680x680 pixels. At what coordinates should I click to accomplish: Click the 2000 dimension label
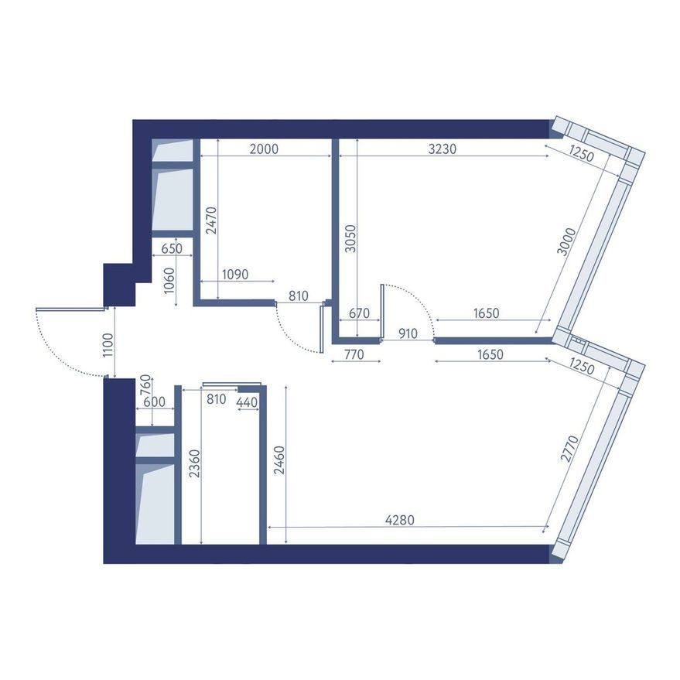coord(264,149)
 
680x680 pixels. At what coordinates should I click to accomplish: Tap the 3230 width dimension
coord(443,149)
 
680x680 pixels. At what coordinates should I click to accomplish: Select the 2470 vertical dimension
coord(212,220)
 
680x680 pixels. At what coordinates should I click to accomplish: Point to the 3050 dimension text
coord(350,238)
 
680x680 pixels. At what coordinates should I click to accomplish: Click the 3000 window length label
coord(566,242)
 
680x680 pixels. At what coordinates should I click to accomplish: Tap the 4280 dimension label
coord(400,520)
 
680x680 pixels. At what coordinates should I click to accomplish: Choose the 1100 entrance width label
coord(108,345)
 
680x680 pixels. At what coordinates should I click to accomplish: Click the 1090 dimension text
coord(235,275)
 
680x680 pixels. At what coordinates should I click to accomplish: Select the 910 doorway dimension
coord(408,333)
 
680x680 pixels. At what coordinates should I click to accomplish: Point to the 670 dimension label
coord(360,313)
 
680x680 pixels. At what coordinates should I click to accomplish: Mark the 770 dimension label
coord(354,355)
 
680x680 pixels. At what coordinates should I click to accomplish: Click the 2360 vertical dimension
coord(196,463)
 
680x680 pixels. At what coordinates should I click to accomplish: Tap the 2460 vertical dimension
coord(280,460)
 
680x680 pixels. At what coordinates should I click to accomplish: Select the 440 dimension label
coord(247,403)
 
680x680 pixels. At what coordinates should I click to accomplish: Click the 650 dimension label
coord(172,249)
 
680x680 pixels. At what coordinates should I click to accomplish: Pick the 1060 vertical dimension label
coord(169,281)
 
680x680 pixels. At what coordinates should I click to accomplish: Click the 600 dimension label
coord(155,402)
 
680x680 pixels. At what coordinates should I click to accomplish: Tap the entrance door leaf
coord(70,309)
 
